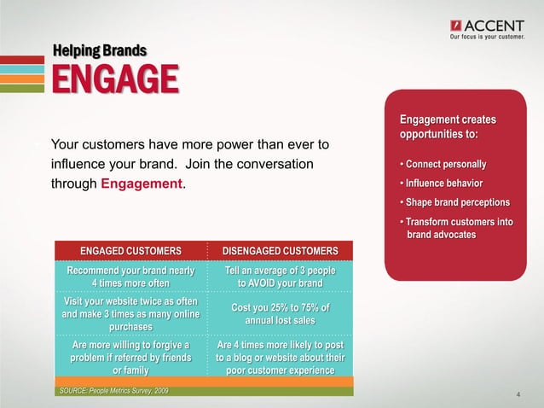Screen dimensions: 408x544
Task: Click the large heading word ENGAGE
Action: click(x=116, y=80)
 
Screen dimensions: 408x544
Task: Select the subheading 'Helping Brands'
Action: click(x=100, y=50)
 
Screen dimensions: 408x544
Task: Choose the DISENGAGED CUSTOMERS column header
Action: click(x=281, y=250)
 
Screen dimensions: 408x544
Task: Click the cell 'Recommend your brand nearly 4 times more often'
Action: click(x=130, y=277)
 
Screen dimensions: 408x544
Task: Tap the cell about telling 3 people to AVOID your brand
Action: click(x=281, y=277)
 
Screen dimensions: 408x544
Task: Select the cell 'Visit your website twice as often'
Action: click(x=130, y=313)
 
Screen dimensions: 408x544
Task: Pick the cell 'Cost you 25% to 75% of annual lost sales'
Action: click(x=281, y=313)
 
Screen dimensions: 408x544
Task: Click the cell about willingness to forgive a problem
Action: click(x=130, y=357)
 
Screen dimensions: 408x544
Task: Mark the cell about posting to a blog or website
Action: click(x=281, y=357)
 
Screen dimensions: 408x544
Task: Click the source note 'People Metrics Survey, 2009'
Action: click(x=113, y=391)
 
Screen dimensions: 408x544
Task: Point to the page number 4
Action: click(x=518, y=394)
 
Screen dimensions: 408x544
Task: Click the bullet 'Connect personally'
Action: click(x=442, y=164)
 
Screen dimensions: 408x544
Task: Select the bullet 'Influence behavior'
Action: click(x=440, y=184)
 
